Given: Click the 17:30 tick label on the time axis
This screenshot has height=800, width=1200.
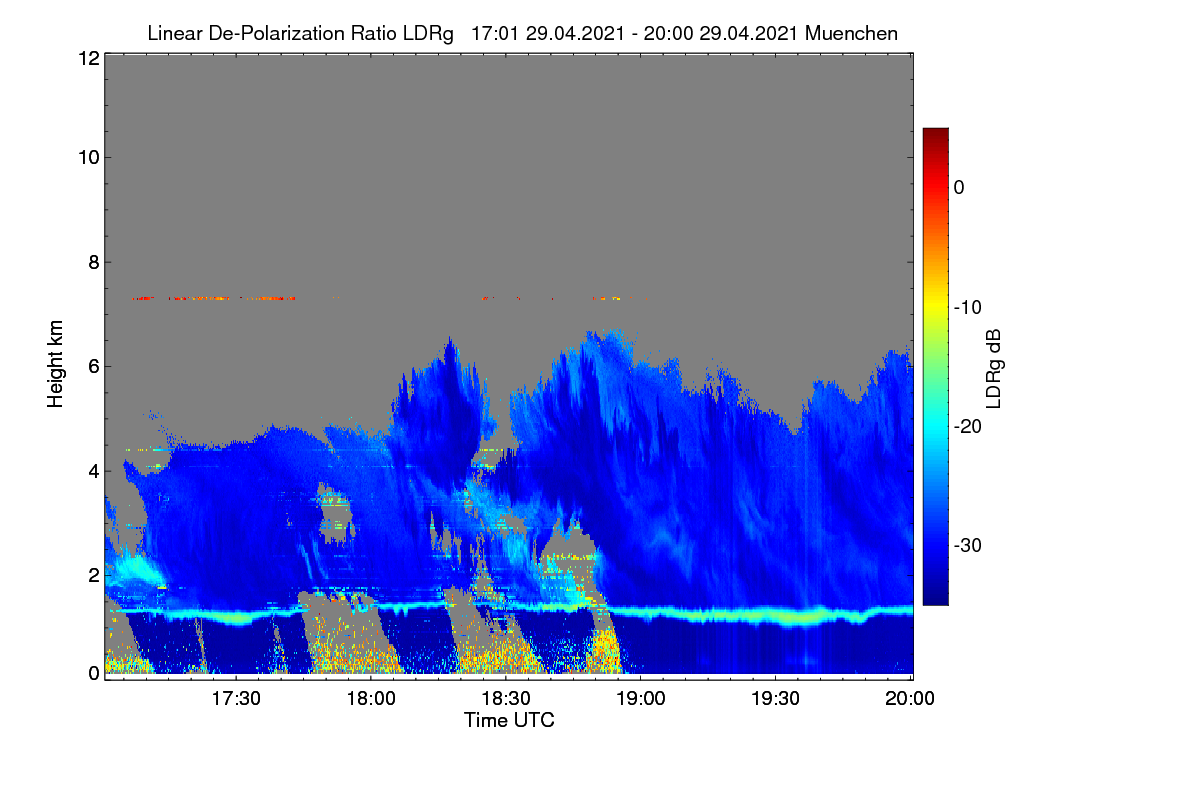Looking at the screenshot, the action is pos(236,699).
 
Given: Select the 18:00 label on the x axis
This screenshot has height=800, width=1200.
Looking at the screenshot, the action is pos(371,699).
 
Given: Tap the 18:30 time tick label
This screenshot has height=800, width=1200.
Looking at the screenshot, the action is pos(506,699).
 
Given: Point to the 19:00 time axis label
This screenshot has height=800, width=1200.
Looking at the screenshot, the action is pos(641,699).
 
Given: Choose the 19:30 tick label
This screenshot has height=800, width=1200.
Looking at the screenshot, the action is pos(776,699).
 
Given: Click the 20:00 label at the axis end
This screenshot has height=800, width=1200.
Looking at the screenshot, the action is pos(910,699).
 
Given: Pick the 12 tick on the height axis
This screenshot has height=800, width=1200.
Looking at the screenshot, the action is pos(89,58).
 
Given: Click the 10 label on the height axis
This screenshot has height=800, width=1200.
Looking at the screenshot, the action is pos(89,158).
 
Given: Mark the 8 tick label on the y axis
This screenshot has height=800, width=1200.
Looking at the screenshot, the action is pos(94,263).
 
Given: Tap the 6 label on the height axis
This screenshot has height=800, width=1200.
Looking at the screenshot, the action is pos(94,367).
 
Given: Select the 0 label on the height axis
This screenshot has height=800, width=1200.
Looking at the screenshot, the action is pos(94,674).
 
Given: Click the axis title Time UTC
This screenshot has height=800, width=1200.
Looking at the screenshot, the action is pos(509,721).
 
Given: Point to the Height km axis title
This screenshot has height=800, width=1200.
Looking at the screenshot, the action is pos(55,364).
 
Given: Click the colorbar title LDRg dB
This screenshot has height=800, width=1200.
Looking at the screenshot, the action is pos(993,369).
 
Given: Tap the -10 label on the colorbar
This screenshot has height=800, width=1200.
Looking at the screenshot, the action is pos(968,308).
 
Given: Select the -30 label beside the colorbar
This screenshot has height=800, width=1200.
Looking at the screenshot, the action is pos(968,545).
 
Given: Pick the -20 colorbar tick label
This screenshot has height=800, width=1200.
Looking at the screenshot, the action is pos(968,427).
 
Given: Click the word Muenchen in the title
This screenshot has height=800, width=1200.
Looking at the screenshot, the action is pos(851,34).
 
